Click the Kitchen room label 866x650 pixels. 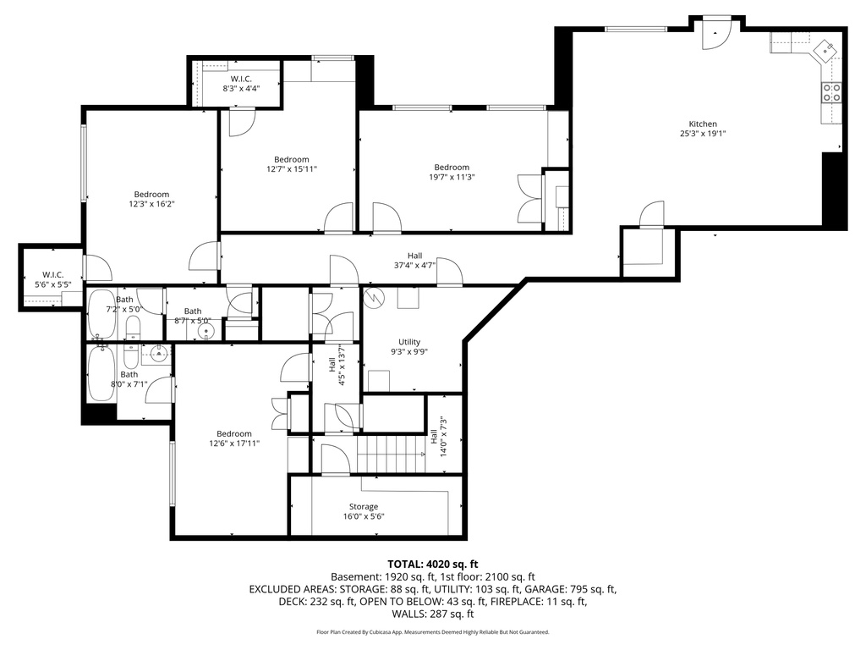703,124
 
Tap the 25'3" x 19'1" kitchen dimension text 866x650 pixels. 703,134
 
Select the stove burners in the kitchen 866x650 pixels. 831,92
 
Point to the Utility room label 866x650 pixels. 409,342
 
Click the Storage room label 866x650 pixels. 364,506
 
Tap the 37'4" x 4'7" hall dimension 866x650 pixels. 414,266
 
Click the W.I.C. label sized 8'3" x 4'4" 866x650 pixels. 241,79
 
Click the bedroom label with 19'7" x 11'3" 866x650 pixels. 452,168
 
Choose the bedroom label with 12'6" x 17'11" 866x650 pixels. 234,433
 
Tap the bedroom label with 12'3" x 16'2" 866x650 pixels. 151,194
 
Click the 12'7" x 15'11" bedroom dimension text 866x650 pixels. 291,169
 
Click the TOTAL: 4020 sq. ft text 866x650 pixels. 433,564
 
